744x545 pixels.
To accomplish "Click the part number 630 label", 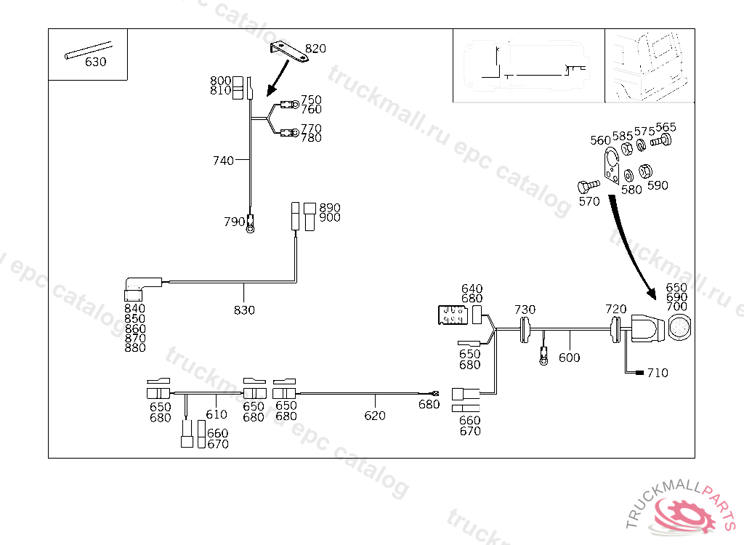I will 95,62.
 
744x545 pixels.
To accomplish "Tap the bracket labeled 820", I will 288,53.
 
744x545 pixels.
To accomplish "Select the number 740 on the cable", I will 223,161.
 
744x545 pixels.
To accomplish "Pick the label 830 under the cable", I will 244,310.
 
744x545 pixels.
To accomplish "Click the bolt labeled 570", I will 586,186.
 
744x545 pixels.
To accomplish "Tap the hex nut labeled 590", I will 644,172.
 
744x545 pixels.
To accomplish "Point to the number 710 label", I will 658,374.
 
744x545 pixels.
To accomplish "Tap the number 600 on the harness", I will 570,358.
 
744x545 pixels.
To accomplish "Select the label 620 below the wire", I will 375,416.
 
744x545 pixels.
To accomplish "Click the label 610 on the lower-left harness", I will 217,415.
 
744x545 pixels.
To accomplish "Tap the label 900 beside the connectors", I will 330,218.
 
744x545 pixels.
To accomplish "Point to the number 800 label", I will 221,81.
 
